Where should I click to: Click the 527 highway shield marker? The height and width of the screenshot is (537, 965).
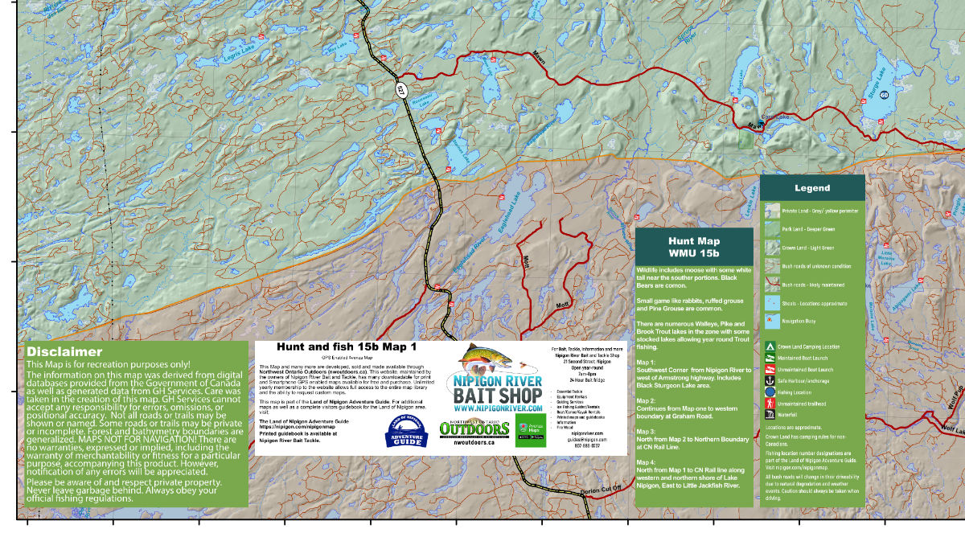400,89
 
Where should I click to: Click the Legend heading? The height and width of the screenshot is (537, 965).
812,188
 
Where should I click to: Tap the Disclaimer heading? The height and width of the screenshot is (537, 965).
64,352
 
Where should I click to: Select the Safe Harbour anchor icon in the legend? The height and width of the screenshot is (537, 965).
770,379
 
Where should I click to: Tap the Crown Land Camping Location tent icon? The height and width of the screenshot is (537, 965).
770,347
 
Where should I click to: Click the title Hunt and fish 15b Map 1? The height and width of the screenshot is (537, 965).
347,347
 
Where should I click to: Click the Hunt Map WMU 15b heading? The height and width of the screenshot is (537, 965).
694,248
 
